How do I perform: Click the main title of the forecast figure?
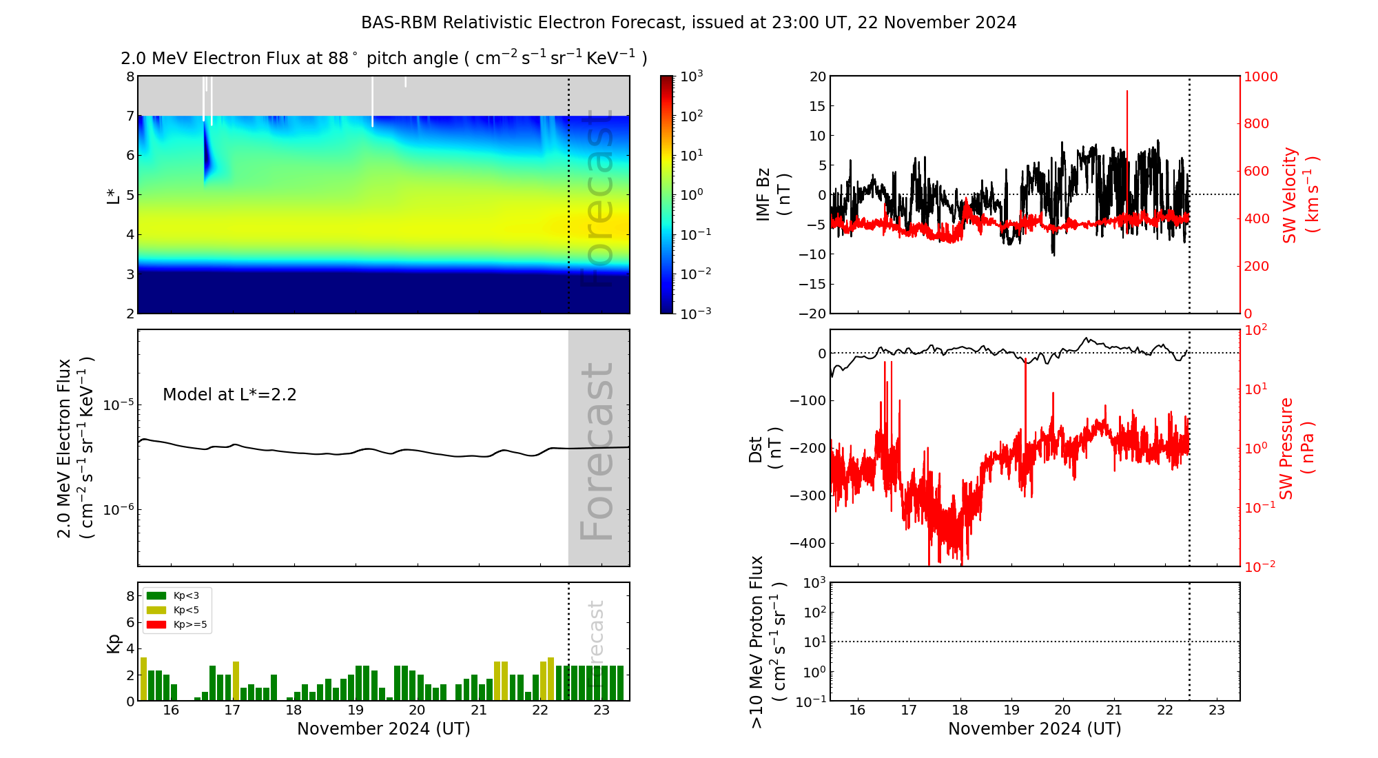click(688, 23)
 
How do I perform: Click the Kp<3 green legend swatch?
click(156, 595)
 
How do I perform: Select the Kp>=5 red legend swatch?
click(156, 625)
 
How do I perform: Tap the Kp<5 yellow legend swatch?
click(156, 610)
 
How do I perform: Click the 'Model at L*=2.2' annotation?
click(229, 395)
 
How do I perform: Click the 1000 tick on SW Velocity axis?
click(1260, 76)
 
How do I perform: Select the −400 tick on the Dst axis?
click(808, 543)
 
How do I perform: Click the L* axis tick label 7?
click(130, 116)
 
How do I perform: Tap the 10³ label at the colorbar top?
click(691, 76)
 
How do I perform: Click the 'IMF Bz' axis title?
click(763, 194)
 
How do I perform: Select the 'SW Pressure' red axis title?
click(1286, 448)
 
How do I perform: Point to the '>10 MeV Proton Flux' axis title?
click(757, 642)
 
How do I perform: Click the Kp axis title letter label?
click(113, 644)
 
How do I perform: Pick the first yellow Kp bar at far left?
click(143, 679)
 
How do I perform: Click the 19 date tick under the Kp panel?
click(356, 710)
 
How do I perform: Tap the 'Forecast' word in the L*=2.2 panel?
click(597, 451)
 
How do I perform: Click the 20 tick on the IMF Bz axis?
click(817, 76)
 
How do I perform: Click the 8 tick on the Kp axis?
click(130, 596)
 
